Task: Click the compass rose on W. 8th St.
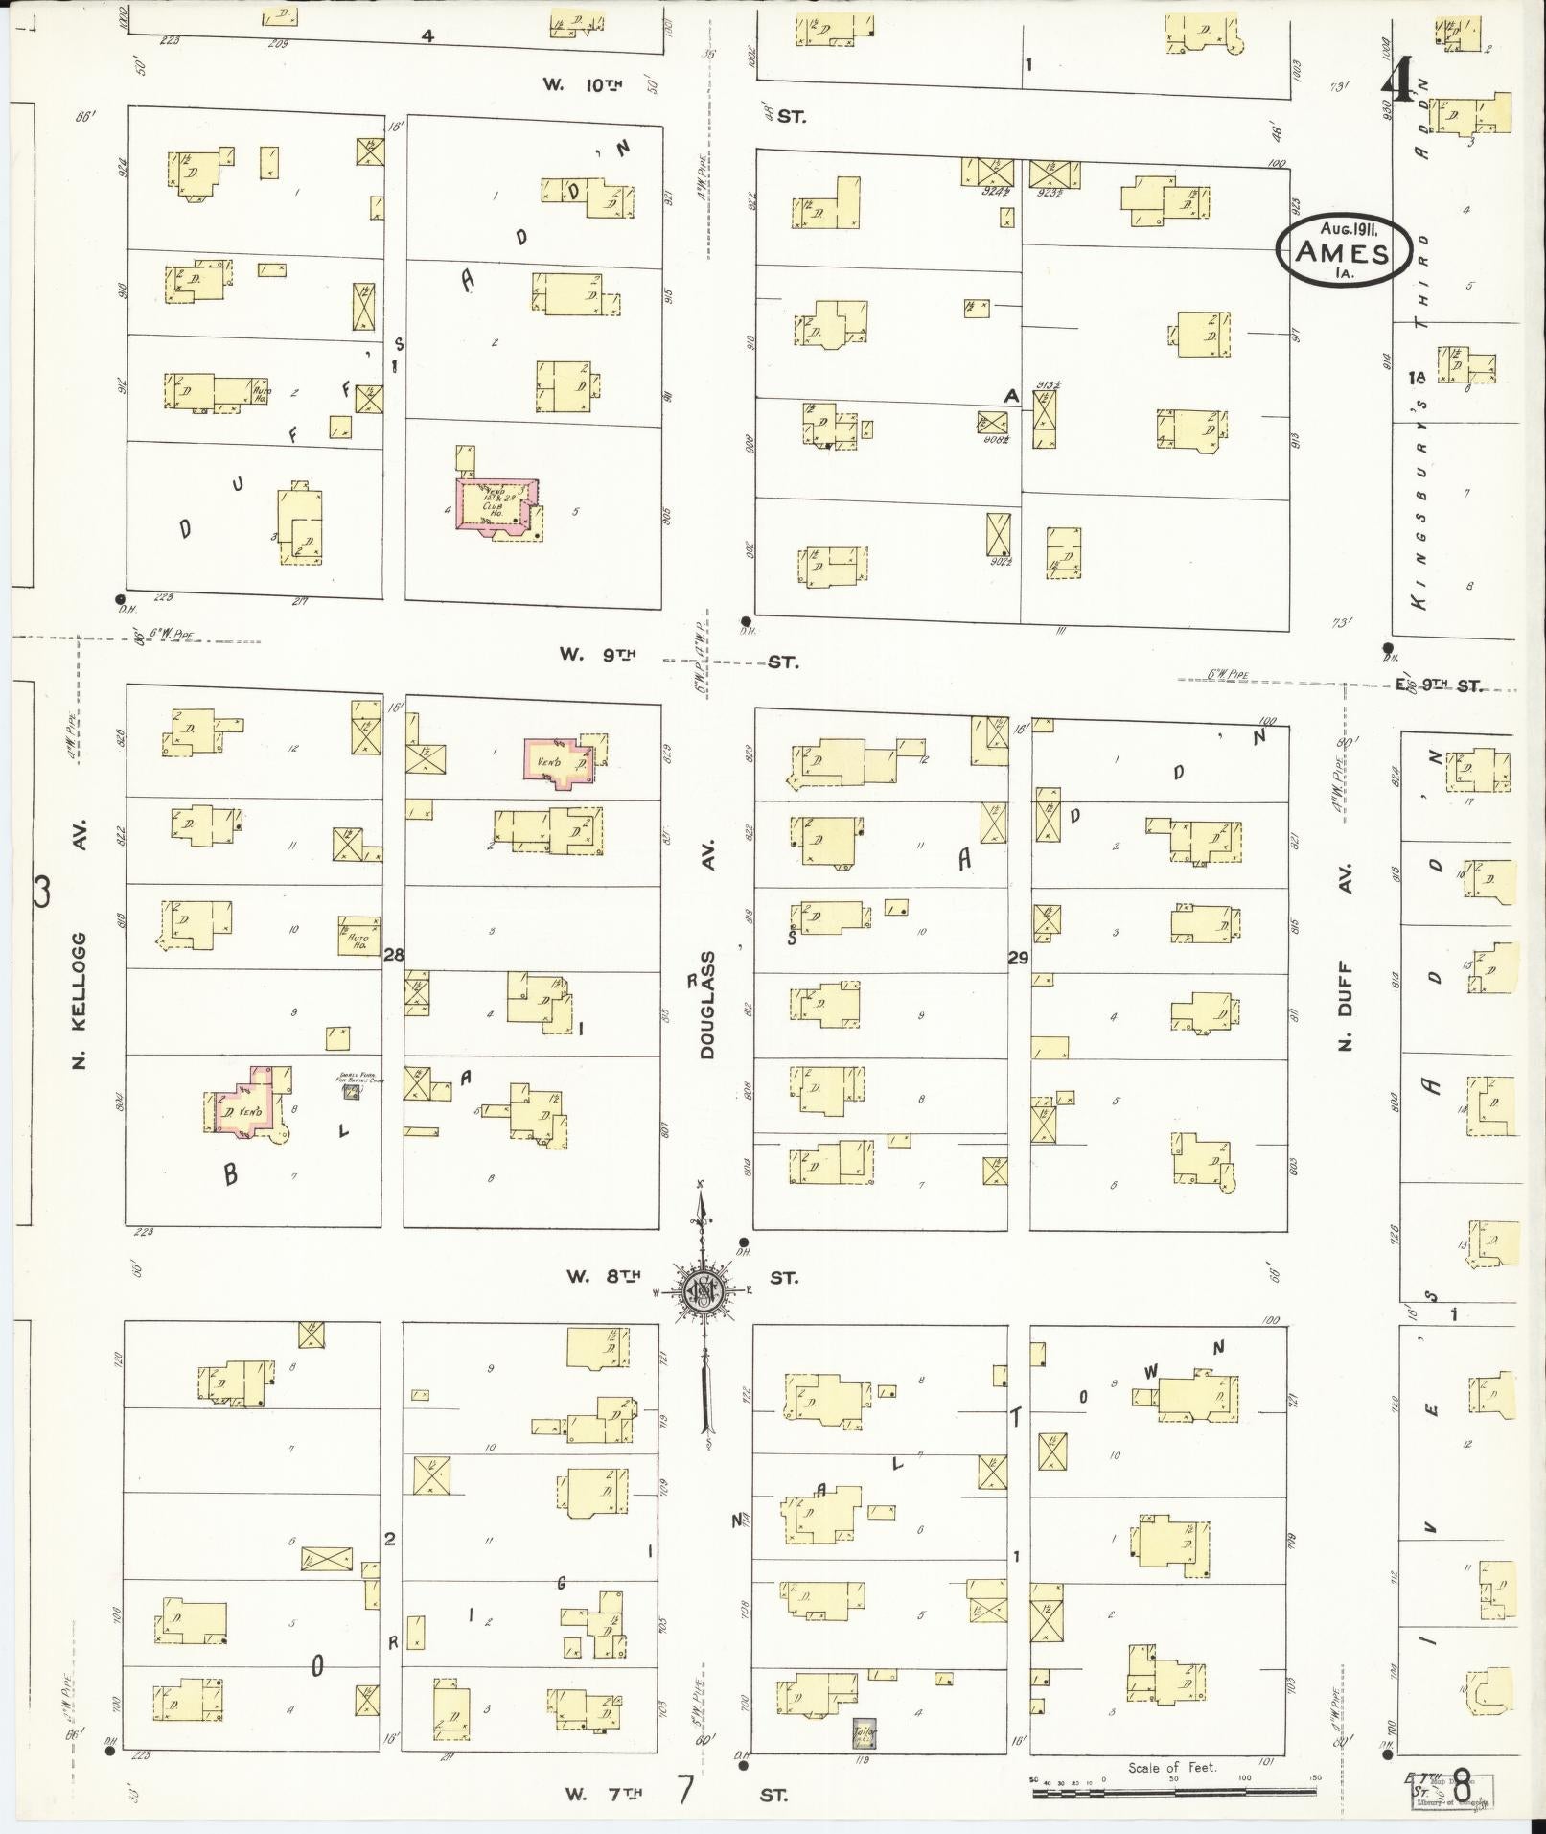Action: tap(703, 1291)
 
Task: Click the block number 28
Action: tap(393, 954)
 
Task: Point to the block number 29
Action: tap(1018, 956)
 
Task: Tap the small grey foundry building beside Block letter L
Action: tap(351, 1091)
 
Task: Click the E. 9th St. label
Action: tap(1438, 685)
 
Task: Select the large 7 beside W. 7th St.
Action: tap(684, 1789)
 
